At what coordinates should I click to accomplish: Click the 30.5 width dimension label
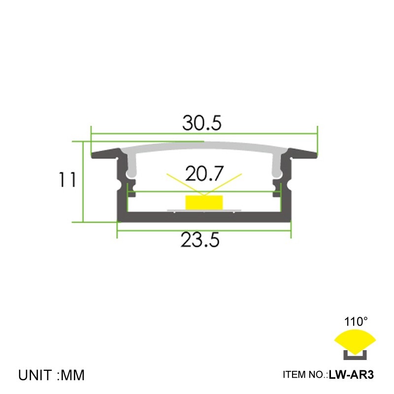coord(201,123)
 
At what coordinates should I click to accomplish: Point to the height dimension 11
coord(67,180)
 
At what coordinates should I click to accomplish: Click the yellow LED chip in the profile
coord(203,202)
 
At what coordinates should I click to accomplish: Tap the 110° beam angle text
coord(356,322)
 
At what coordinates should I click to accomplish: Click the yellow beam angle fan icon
coord(355,339)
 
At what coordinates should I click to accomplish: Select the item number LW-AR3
coord(352,375)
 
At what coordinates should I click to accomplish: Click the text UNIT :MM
coord(52,375)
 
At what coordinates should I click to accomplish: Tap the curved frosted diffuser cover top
coord(204,145)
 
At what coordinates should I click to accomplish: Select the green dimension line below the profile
coord(204,230)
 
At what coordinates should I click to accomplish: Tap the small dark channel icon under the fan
coord(355,353)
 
